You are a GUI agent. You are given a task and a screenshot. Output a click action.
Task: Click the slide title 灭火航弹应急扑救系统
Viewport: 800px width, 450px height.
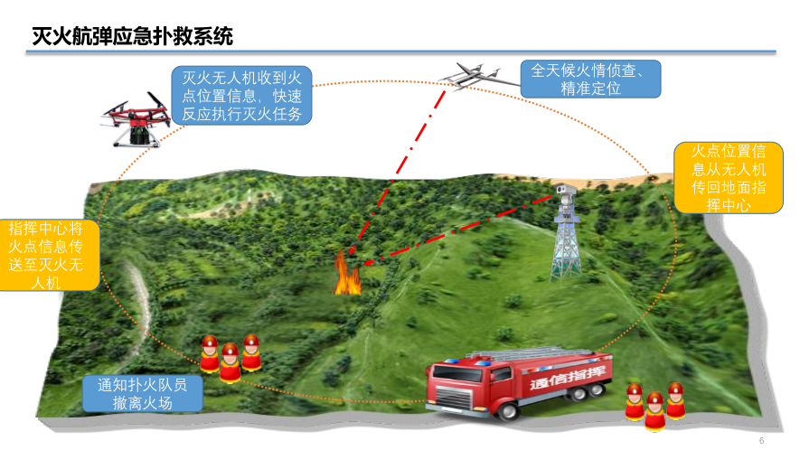(132, 36)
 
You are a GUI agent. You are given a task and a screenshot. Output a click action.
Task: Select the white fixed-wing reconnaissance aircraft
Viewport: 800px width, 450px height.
(475, 76)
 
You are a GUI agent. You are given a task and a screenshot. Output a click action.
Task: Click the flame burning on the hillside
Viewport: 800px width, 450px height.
(346, 275)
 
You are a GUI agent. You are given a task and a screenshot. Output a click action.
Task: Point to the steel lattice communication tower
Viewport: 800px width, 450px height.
(567, 239)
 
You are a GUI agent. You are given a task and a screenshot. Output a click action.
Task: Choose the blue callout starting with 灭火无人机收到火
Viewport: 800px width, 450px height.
(242, 95)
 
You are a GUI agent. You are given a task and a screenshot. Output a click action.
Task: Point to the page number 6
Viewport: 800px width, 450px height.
(762, 440)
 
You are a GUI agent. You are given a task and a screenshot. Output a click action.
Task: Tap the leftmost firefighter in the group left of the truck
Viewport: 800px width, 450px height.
(210, 355)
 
